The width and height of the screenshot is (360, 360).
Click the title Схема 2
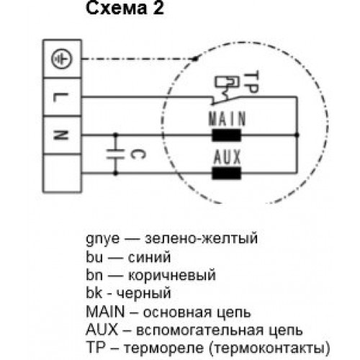pos(125,9)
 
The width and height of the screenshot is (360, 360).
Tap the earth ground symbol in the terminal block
pos(62,59)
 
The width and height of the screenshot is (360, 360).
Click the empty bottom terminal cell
pos(62,174)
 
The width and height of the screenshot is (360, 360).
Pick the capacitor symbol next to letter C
pos(116,154)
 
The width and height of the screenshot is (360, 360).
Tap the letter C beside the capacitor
pos(138,154)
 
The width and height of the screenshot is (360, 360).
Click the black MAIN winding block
pos(226,135)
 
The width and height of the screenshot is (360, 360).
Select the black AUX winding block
pos(226,173)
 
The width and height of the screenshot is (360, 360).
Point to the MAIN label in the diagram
pos(228,119)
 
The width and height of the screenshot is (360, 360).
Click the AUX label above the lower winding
pos(227,156)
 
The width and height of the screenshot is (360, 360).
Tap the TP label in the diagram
pos(251,82)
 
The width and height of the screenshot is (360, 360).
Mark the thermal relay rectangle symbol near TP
pos(227,81)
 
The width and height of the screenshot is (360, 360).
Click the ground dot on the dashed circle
pos(196,58)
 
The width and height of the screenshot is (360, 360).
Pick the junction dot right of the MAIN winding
pos(297,135)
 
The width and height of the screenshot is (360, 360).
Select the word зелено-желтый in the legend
pos(201,238)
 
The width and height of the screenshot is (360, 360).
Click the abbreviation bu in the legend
pos(94,257)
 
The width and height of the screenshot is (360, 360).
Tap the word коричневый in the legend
pos(172,276)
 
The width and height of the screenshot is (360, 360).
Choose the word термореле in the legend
pos(163,348)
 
